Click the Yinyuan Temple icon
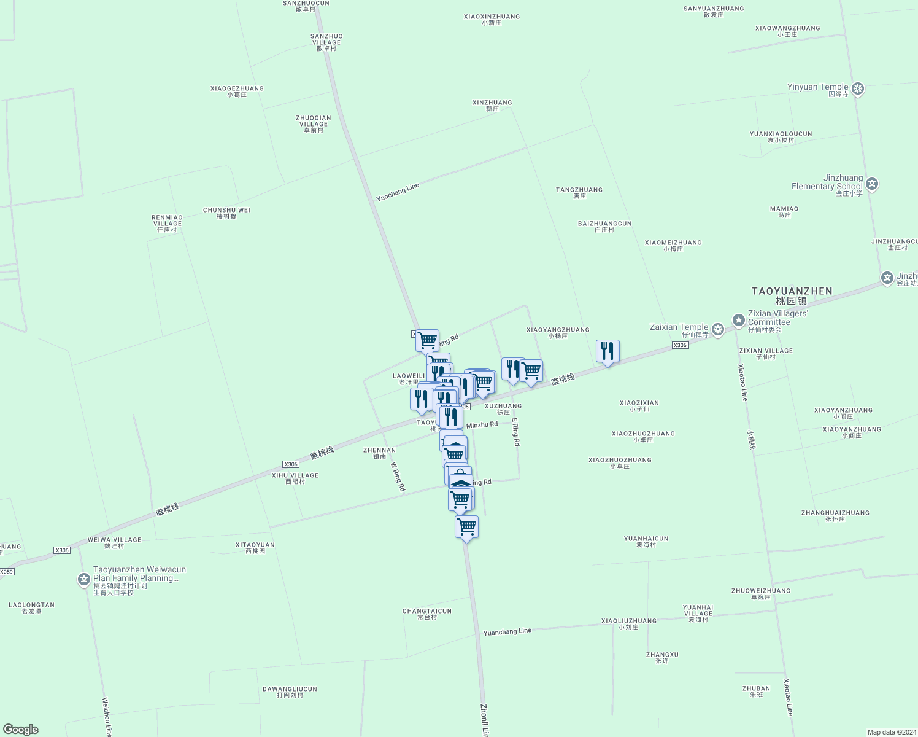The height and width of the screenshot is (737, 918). click(x=858, y=88)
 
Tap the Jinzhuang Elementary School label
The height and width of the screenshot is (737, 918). click(x=827, y=182)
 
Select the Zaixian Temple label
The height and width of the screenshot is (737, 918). click(x=679, y=327)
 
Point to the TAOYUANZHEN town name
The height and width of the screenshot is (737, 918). click(x=792, y=291)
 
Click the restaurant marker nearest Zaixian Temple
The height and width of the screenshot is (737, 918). click(x=607, y=351)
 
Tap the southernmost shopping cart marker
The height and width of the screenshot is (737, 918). click(x=466, y=526)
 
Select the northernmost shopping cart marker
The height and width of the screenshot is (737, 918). click(x=427, y=340)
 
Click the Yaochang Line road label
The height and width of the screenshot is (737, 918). click(x=398, y=192)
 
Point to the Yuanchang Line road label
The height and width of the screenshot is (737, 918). click(x=507, y=631)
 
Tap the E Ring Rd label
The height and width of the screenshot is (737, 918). click(x=516, y=432)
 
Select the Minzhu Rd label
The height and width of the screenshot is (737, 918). click(x=482, y=425)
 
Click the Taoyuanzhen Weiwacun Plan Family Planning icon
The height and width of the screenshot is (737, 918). click(x=84, y=579)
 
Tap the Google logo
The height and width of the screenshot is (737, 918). click(x=20, y=730)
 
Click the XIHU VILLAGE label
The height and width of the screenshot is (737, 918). click(x=295, y=475)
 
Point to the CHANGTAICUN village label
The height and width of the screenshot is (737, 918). click(x=427, y=611)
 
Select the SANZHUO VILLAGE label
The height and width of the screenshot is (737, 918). click(x=326, y=39)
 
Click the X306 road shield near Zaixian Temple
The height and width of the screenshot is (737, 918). click(x=680, y=345)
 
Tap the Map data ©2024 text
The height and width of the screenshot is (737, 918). click(x=891, y=732)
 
